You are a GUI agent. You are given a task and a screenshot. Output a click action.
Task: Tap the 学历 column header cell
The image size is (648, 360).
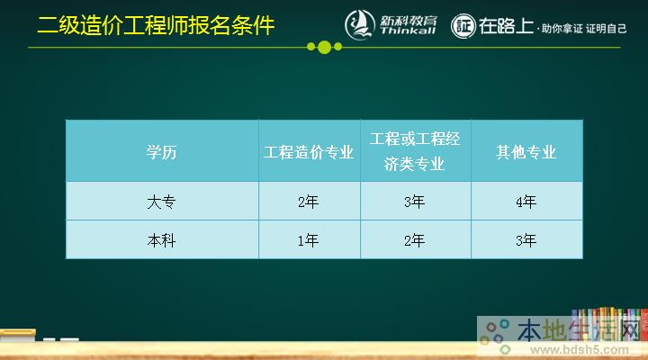point(162,151)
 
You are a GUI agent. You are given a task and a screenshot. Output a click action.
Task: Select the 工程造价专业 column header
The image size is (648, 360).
point(309,151)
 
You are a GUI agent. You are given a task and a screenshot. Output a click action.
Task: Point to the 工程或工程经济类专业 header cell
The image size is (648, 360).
point(415,151)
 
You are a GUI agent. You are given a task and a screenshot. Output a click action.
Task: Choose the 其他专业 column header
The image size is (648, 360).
point(526,151)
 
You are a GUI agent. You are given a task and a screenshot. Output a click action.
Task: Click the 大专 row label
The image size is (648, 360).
point(162,202)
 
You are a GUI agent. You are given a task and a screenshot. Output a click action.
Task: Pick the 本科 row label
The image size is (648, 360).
point(162,240)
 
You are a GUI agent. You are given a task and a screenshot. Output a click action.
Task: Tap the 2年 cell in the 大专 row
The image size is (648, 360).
point(309,202)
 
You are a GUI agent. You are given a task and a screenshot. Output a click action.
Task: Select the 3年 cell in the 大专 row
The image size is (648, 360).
point(415,202)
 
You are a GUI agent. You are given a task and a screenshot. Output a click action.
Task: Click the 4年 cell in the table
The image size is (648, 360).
point(526,202)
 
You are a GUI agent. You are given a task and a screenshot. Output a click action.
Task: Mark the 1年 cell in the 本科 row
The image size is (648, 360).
point(309,240)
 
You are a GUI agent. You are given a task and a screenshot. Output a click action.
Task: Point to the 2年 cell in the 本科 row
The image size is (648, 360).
point(415,240)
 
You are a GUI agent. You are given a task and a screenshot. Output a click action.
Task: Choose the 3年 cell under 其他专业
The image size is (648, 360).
point(526,240)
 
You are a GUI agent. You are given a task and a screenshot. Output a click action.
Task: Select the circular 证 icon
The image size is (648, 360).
point(463,25)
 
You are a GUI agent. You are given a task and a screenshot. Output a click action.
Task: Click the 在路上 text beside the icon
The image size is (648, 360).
point(506,24)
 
